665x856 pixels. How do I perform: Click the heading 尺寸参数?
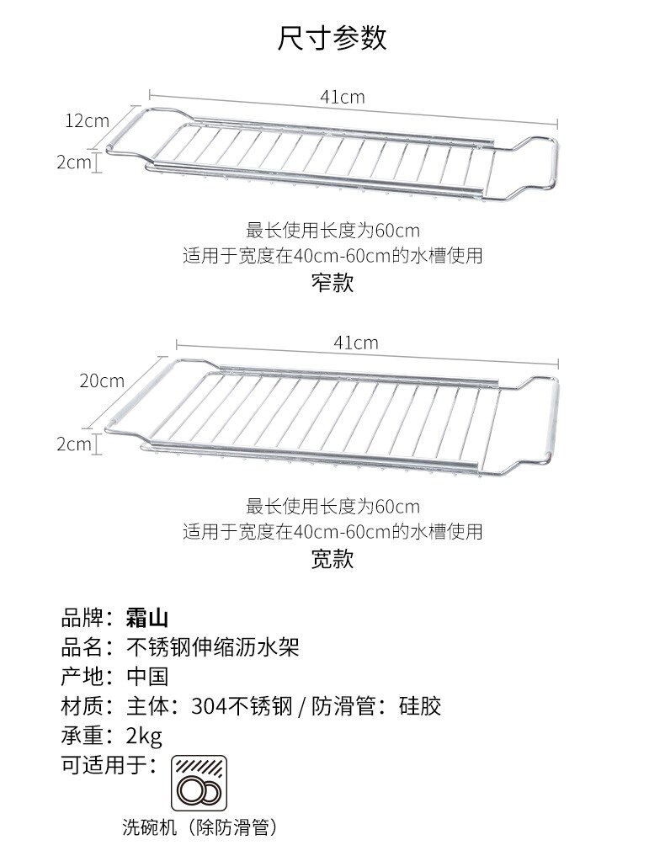pyautogui.click(x=332, y=39)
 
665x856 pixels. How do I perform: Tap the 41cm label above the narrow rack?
pyautogui.click(x=342, y=97)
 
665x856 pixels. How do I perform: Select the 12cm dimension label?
pyautogui.click(x=88, y=120)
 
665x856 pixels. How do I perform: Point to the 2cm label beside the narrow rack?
pyautogui.click(x=73, y=162)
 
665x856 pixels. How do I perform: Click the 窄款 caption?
pyautogui.click(x=332, y=283)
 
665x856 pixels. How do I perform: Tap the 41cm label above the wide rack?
pyautogui.click(x=355, y=343)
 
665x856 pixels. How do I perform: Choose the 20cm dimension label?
pyautogui.click(x=102, y=380)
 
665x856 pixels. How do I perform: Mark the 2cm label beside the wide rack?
pyautogui.click(x=73, y=444)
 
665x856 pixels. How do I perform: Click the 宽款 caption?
pyautogui.click(x=332, y=559)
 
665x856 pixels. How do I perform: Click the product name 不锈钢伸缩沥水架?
pyautogui.click(x=212, y=648)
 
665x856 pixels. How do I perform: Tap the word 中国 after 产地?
pyautogui.click(x=147, y=677)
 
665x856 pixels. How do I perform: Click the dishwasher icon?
pyautogui.click(x=199, y=782)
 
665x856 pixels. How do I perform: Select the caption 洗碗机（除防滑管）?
pyautogui.click(x=199, y=827)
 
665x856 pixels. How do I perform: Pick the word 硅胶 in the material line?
pyautogui.click(x=420, y=705)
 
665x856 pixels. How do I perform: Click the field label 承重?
pyautogui.click(x=82, y=735)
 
